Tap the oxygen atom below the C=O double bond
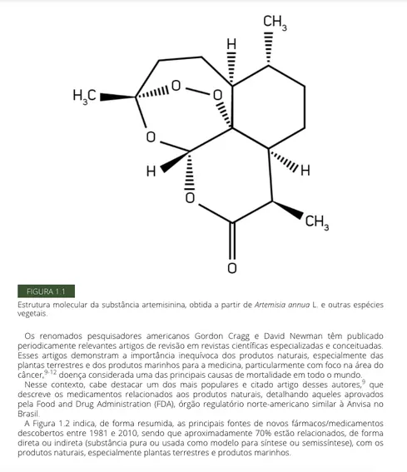(232, 268)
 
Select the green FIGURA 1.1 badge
(46, 291)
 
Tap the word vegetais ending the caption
(32, 314)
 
